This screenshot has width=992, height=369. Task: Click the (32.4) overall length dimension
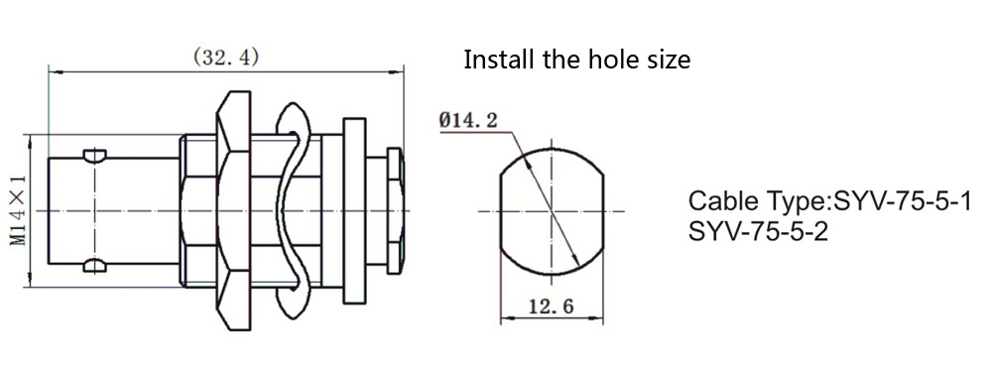226,58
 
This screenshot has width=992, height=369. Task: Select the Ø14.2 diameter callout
467,121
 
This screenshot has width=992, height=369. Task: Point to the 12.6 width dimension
553,307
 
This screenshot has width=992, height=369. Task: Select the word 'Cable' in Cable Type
719,202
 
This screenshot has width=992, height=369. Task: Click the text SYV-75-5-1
902,202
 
